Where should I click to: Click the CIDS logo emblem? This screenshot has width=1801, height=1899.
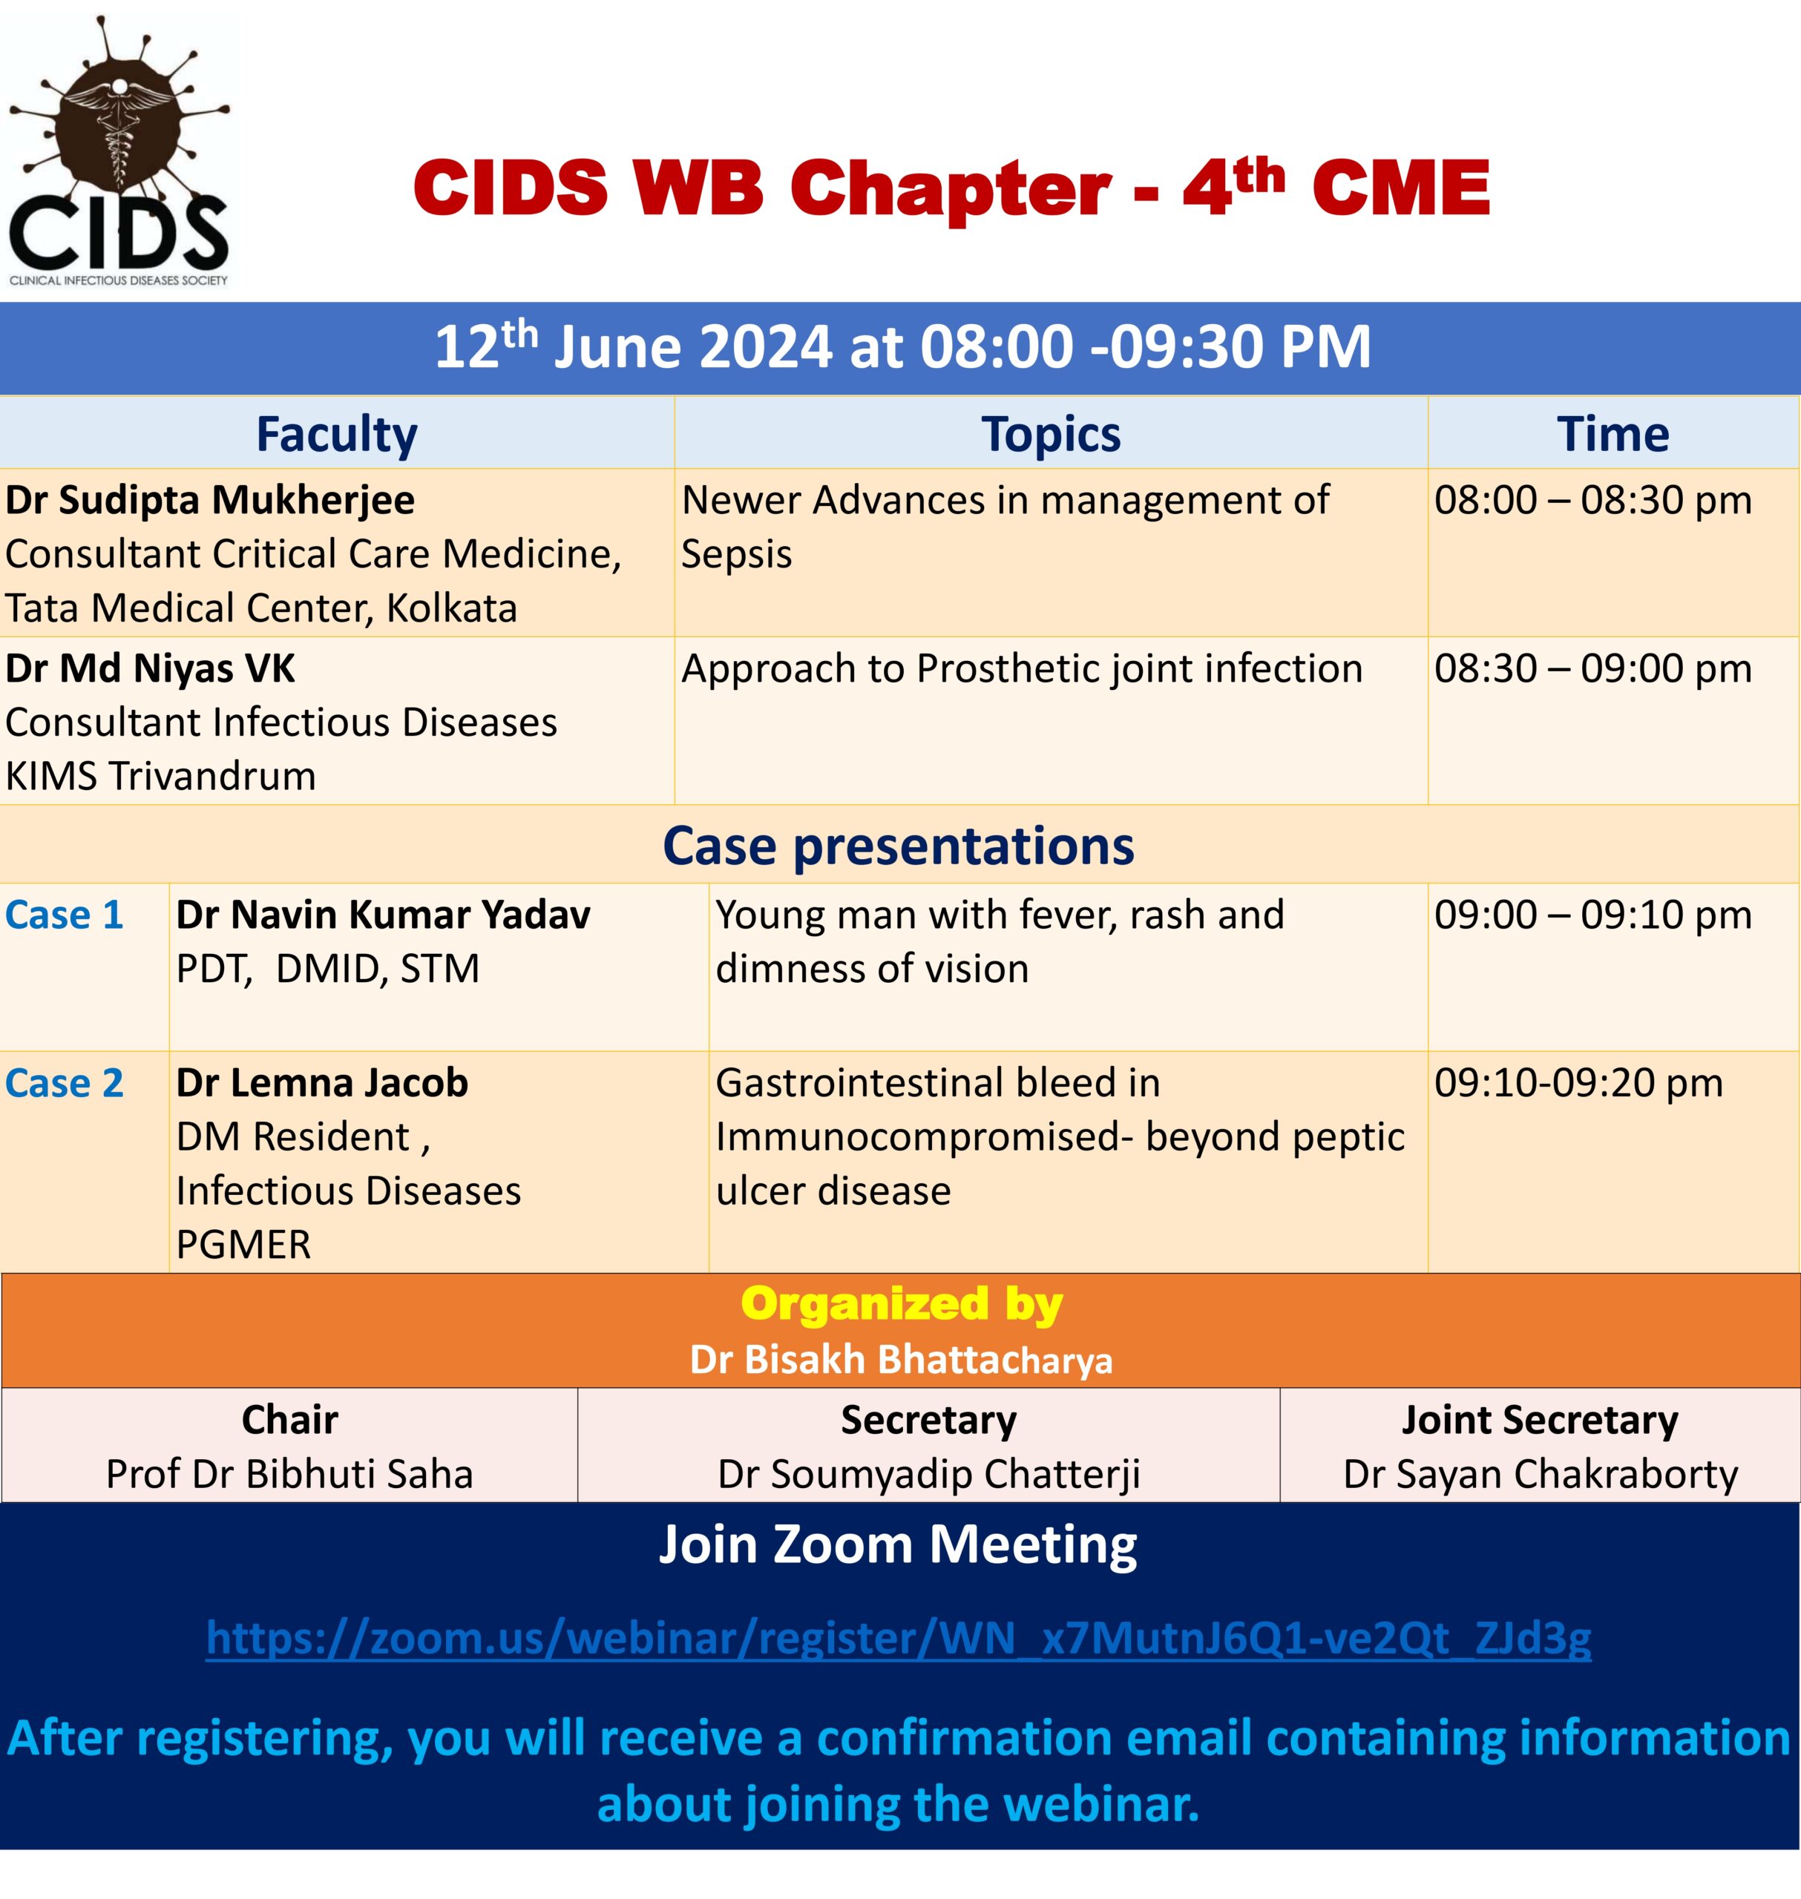119,151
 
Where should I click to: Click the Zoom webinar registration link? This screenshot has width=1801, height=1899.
899,1637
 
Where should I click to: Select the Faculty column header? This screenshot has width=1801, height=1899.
337,434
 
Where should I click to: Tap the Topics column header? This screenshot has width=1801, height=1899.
1050,435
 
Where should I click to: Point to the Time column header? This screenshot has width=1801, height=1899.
1613,434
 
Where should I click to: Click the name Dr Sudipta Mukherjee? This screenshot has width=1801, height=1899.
210,500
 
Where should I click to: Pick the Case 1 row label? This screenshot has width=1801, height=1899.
65,915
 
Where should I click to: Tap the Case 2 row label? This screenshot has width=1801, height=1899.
65,1082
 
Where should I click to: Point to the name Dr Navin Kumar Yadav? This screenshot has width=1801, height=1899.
383,915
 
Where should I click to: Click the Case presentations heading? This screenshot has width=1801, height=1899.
899,846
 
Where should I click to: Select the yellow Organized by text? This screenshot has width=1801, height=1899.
902,1305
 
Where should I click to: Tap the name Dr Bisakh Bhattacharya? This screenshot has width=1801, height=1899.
902,1360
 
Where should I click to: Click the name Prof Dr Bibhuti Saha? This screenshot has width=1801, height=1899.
290,1474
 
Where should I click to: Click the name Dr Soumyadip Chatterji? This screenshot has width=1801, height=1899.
929,1474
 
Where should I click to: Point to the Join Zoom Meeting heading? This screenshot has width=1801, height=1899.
899,1546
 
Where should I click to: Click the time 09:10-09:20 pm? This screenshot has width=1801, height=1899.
1578,1082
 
